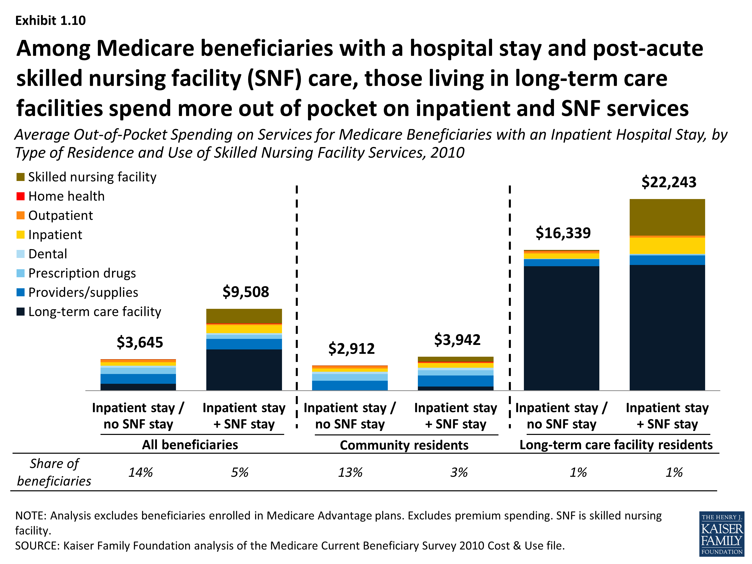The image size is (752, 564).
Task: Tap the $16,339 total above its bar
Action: coord(563,233)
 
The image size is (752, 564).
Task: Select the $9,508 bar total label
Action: coord(245,292)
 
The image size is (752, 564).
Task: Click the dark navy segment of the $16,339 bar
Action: coord(561,328)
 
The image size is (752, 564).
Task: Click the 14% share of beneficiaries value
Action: coord(140,473)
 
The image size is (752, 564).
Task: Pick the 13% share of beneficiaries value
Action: coord(350,473)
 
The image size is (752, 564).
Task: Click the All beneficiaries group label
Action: coord(190,445)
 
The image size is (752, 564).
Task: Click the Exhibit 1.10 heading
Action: coord(51,21)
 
